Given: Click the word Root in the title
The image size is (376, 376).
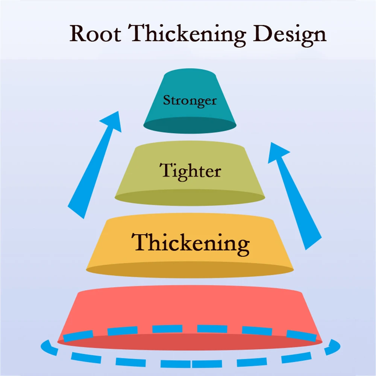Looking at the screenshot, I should [95, 34].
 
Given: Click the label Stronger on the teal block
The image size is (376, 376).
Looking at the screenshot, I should [190, 101].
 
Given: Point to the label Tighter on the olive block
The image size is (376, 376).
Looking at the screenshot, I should [190, 171].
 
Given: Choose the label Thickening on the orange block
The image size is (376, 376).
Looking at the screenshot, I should [190, 243].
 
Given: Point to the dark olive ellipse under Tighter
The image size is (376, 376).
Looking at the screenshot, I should [190, 198].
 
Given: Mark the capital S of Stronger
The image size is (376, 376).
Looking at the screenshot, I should [167, 100].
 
